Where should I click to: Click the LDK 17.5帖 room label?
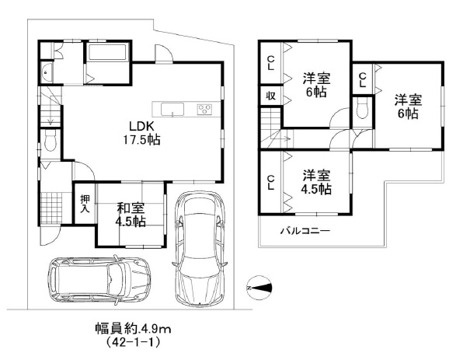tap(141, 133)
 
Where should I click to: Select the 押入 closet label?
tap(85, 204)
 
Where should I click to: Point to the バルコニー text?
tap(305, 231)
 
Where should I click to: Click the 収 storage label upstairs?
tap(270, 96)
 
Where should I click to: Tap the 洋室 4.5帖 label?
tap(316, 182)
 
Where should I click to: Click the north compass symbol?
tap(259, 288)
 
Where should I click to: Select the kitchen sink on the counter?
tap(172, 109)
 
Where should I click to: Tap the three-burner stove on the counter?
tap(205, 109)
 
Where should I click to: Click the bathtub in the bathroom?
tap(107, 53)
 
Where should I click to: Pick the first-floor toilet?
tap(50, 141)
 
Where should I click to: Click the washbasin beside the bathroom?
tap(46, 73)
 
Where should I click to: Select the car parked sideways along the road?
tap(99, 280)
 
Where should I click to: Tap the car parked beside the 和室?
tap(199, 248)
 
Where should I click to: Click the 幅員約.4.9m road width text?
tap(133, 330)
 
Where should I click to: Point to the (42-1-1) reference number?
tap(133, 343)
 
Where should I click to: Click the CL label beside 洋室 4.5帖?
tap(270, 183)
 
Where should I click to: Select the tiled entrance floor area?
tap(51, 208)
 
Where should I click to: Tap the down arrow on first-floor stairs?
tap(50, 121)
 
